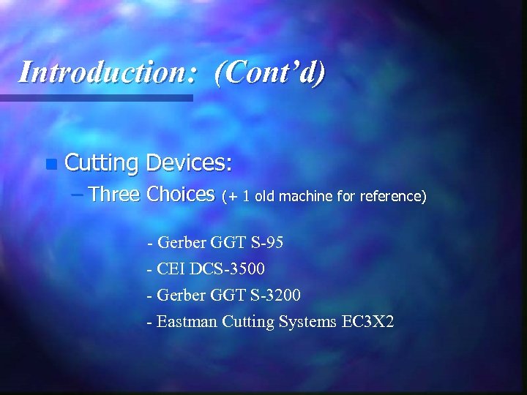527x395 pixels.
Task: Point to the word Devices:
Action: click(x=189, y=162)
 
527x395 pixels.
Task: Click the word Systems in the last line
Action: click(x=307, y=321)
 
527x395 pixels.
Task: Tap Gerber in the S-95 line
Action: click(x=180, y=243)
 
